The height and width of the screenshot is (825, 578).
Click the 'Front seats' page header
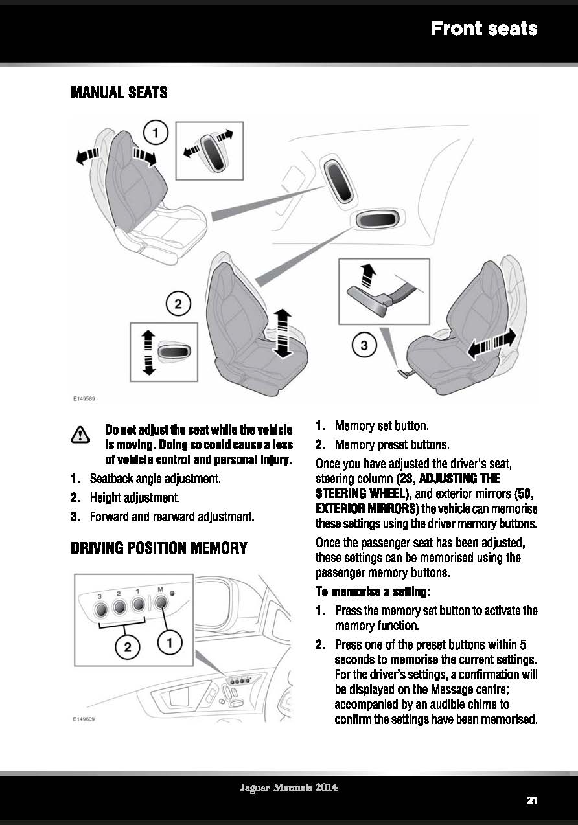[x=483, y=28]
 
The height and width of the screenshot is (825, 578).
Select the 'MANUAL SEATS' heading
[x=119, y=93]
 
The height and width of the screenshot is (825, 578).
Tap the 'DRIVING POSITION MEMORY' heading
[x=159, y=548]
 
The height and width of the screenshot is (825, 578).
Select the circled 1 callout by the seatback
[x=156, y=134]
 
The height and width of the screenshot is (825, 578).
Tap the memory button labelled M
[x=161, y=605]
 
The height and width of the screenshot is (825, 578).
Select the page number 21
[x=531, y=800]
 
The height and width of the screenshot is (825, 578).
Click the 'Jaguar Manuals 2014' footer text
[x=289, y=788]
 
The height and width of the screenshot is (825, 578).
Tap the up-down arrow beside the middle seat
[x=283, y=333]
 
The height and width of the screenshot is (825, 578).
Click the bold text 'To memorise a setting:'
[x=372, y=591]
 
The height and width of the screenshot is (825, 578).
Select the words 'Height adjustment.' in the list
[x=133, y=498]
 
